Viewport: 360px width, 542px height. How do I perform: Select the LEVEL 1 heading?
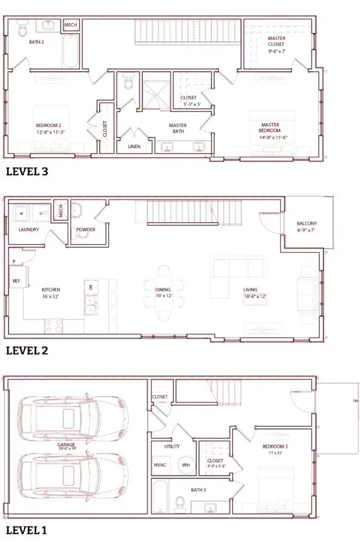click(26, 530)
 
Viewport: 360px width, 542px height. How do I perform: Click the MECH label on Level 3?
click(70, 25)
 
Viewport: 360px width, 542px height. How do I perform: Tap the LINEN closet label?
click(134, 147)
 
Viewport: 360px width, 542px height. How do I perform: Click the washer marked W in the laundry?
click(21, 214)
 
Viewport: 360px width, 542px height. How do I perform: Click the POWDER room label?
click(85, 229)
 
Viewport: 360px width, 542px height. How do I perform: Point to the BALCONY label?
click(307, 223)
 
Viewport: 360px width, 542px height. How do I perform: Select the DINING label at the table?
click(163, 290)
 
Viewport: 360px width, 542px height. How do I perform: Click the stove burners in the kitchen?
click(53, 325)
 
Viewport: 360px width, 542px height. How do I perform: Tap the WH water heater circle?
click(186, 466)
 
